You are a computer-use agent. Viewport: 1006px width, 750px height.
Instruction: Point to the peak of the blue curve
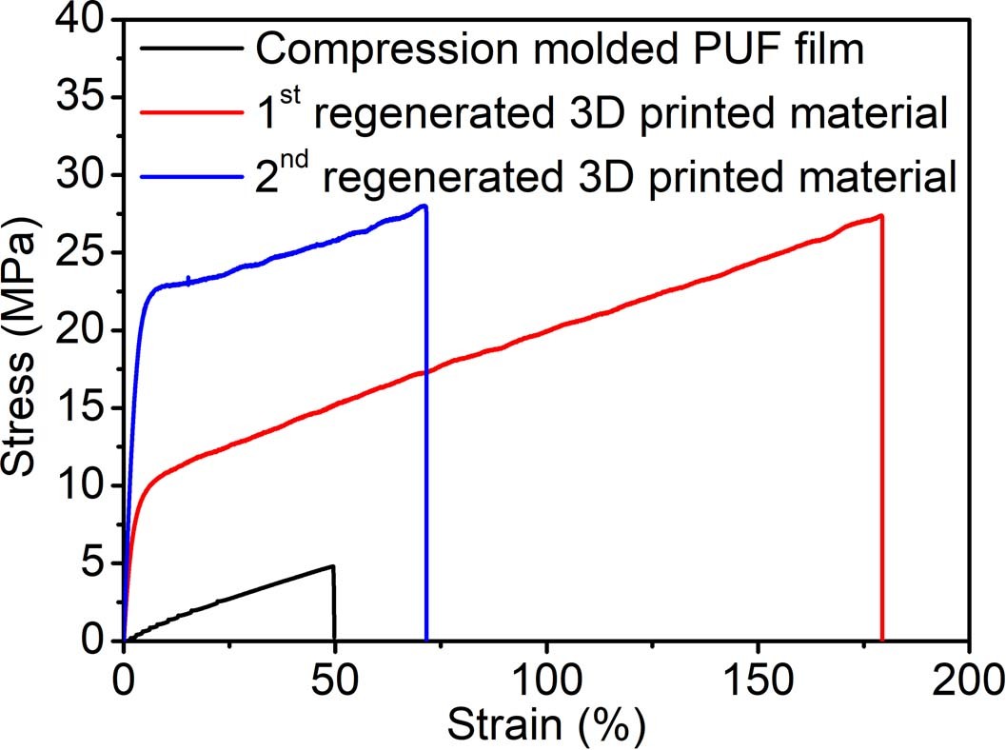click(424, 206)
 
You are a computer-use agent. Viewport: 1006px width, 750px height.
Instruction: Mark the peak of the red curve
click(881, 215)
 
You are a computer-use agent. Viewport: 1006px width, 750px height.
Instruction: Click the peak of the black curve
click(332, 566)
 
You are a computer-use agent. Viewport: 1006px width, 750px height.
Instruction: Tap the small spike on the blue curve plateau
click(188, 278)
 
